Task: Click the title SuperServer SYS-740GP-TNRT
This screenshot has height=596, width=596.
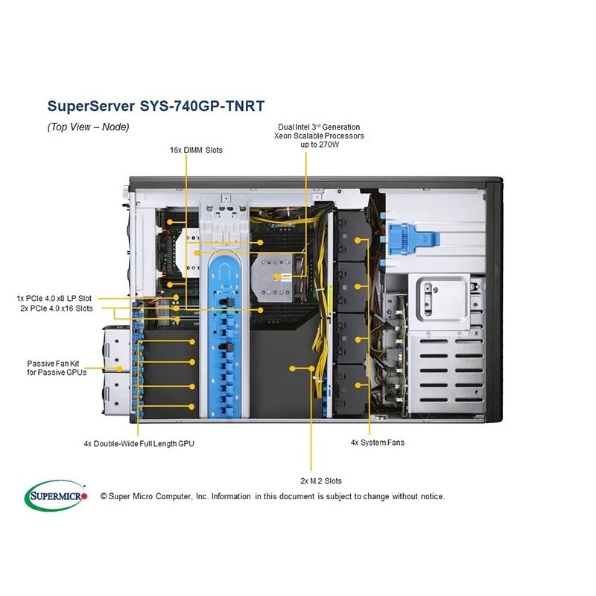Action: [x=155, y=105]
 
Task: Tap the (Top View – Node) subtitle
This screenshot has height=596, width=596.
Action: [x=88, y=127]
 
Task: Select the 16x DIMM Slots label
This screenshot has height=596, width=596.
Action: [x=196, y=150]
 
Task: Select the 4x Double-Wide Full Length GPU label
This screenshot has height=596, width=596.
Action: [x=139, y=443]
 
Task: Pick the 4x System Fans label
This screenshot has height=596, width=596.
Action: [x=378, y=443]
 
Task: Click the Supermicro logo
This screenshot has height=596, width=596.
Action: [x=57, y=495]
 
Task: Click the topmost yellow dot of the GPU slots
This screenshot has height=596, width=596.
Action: [x=192, y=340]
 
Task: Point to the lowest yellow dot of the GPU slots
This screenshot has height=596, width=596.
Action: [x=192, y=407]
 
